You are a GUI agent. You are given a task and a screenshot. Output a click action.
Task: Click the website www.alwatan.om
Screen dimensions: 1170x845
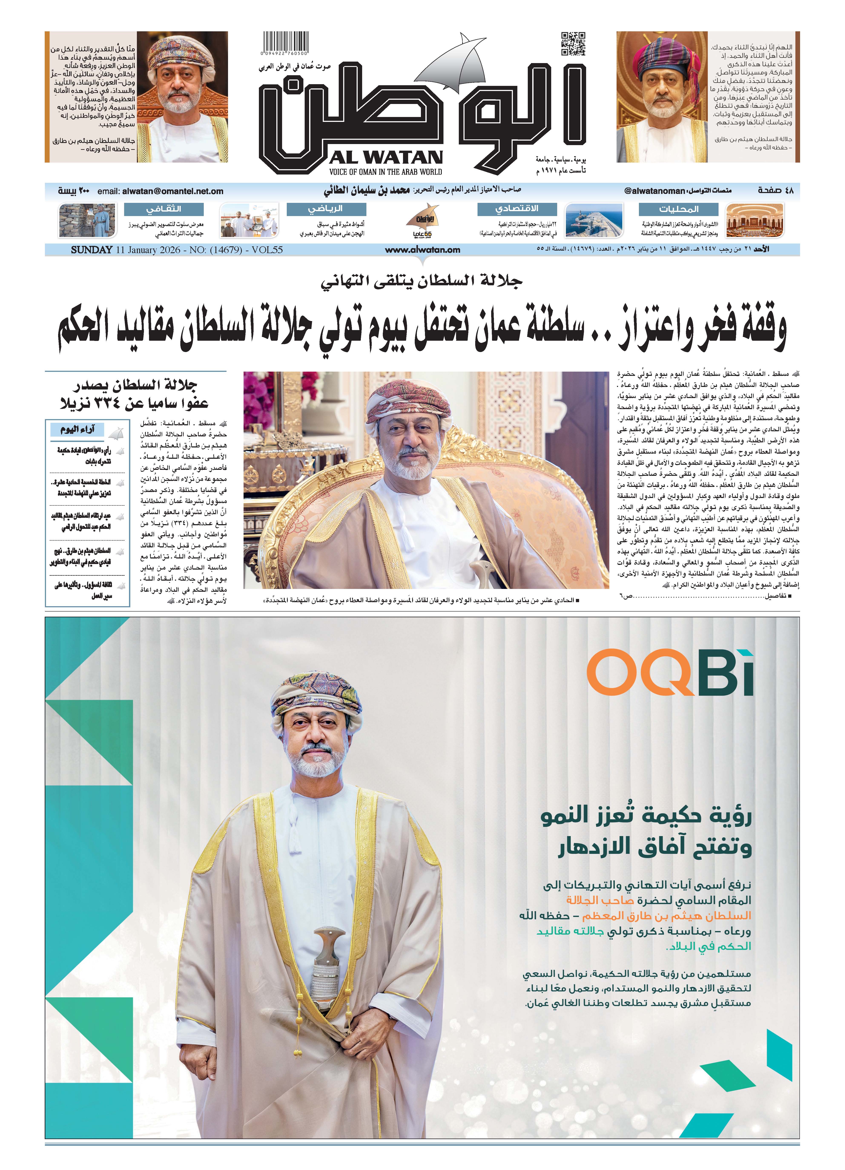[x=422, y=250]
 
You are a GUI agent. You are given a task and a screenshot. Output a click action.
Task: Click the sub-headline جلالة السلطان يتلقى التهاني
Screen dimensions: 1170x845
[x=422, y=281]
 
